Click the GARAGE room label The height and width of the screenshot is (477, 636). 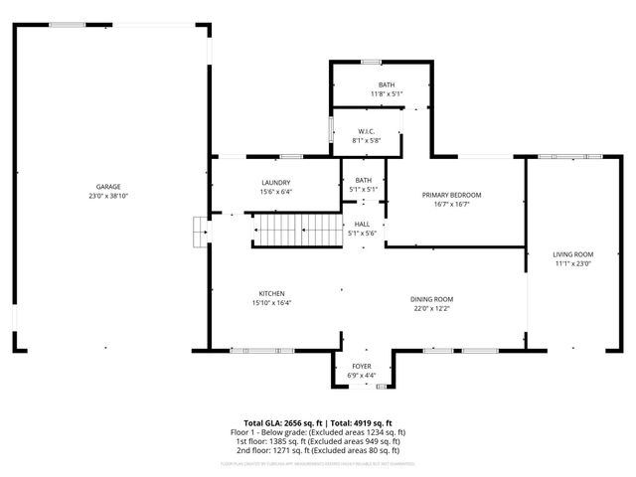click(x=108, y=187)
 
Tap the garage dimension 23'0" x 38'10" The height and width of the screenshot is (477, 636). click(x=108, y=196)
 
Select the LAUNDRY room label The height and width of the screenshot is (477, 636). click(x=275, y=183)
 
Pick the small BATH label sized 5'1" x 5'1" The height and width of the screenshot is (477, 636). click(x=363, y=181)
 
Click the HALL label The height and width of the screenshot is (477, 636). click(x=363, y=225)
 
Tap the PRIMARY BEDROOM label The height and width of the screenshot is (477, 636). click(x=451, y=195)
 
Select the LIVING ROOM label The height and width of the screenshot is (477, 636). click(x=572, y=254)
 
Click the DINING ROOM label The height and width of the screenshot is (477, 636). click(x=432, y=299)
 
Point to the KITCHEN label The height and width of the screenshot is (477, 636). click(x=272, y=294)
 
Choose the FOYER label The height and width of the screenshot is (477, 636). click(x=362, y=367)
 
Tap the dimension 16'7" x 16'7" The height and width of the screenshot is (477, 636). click(x=451, y=204)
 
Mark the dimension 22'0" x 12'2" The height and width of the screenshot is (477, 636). click(x=432, y=308)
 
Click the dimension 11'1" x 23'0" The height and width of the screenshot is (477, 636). click(x=572, y=263)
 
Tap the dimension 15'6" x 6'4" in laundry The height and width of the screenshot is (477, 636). click(x=275, y=192)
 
